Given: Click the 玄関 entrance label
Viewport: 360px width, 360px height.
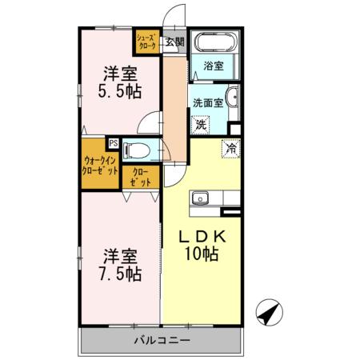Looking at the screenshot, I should pos(175,42).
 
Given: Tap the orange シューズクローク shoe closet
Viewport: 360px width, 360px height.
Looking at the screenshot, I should pos(146,42).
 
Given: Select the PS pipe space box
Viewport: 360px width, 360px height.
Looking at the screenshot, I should pos(114,144).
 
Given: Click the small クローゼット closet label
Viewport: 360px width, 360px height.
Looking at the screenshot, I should pos(134,176).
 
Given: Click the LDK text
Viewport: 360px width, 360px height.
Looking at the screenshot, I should pos(202,238).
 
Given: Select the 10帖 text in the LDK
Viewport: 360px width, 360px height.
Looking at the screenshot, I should pos(203,256).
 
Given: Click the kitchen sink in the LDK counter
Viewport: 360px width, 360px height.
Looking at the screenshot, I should pos(200,198).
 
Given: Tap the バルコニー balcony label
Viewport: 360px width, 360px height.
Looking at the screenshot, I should pos(162,341).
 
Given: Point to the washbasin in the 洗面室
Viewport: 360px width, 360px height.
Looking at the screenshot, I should pos(231,99).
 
